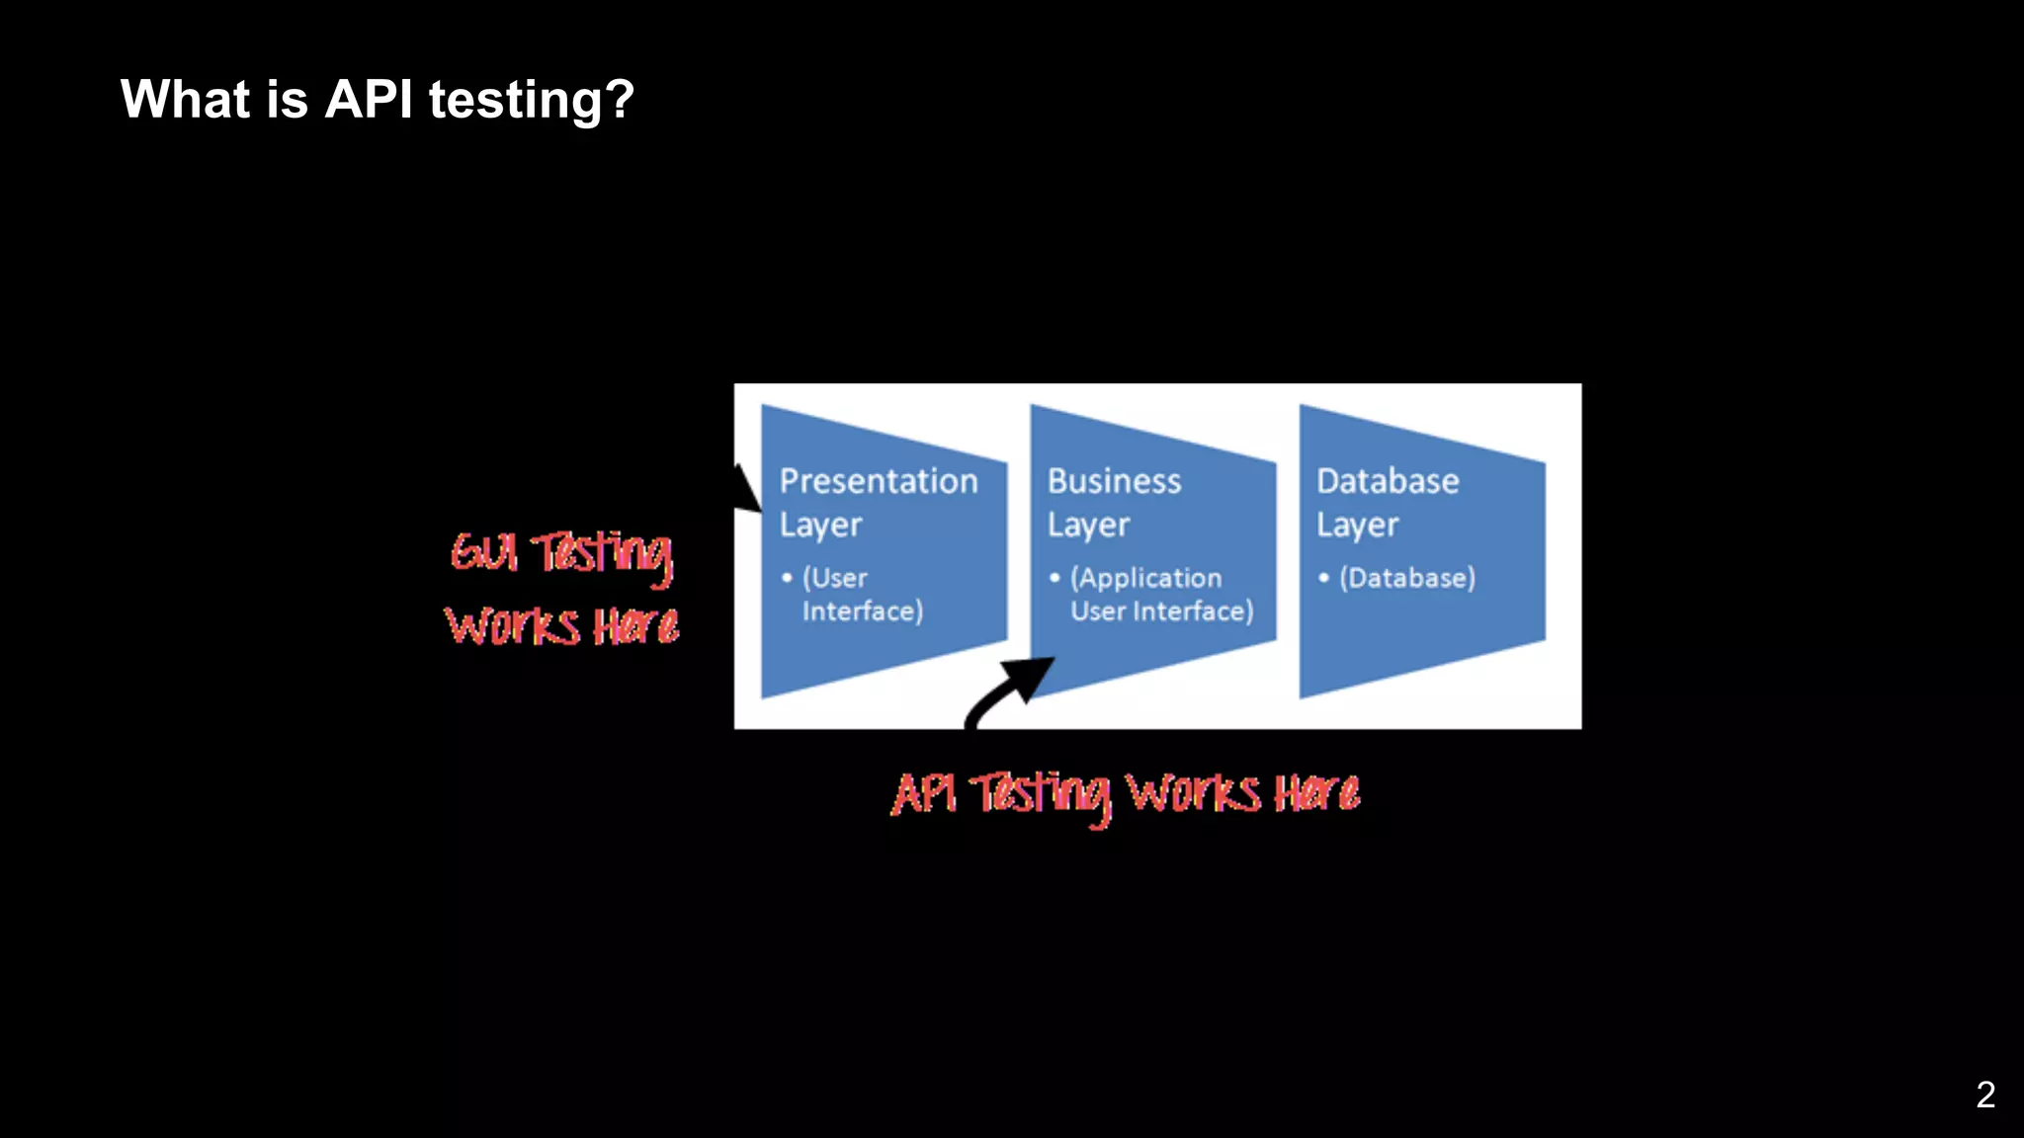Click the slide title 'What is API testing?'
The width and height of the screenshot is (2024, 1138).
(377, 100)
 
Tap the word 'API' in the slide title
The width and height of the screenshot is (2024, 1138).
(369, 100)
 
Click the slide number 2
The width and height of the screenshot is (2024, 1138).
(1984, 1095)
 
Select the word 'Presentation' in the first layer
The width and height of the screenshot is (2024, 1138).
(878, 481)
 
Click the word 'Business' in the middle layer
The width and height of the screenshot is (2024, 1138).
(1114, 481)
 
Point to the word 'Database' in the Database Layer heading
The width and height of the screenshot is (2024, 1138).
(1387, 481)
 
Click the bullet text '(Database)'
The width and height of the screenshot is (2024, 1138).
(1406, 578)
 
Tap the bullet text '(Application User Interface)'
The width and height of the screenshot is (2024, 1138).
(1160, 595)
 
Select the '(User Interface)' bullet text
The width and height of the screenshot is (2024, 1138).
(862, 595)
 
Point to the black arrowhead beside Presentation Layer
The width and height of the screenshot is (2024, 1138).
(746, 490)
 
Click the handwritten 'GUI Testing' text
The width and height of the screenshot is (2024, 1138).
(561, 553)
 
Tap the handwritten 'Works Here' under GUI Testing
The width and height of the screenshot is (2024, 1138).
(561, 626)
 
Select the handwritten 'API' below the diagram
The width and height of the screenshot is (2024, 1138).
(923, 793)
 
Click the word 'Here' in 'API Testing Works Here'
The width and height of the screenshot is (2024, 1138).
(1316, 793)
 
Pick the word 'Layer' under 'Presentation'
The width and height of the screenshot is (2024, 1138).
(820, 526)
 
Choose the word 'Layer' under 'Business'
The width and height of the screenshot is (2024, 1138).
(1088, 526)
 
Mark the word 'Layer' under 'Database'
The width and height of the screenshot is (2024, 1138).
(1357, 526)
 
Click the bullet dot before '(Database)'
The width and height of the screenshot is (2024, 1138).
(1323, 578)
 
